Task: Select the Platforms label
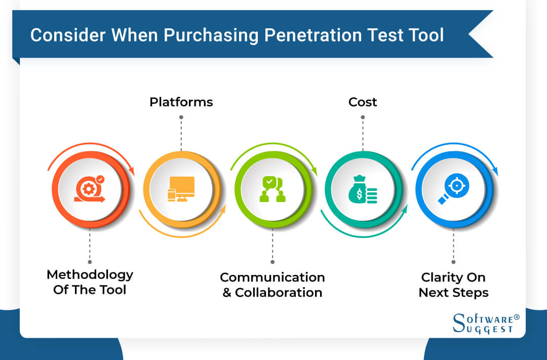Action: (181, 102)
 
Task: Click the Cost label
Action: (363, 102)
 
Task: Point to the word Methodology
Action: (90, 275)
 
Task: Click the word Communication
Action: (272, 277)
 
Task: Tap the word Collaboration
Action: (279, 293)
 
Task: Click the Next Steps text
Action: (453, 293)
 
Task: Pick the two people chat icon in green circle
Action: (272, 189)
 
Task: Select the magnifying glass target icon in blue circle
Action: (453, 189)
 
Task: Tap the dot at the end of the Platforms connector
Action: (181, 117)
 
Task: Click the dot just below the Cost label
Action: (363, 117)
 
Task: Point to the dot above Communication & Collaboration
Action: (272, 262)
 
